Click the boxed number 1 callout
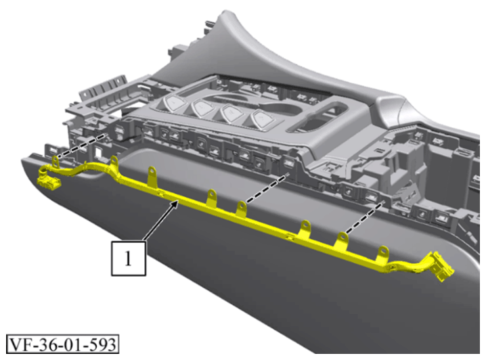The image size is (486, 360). [x=129, y=258]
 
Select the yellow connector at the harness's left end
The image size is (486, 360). [x=48, y=179]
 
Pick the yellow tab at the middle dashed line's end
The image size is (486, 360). [x=242, y=209]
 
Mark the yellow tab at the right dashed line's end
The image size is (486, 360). [x=342, y=240]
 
